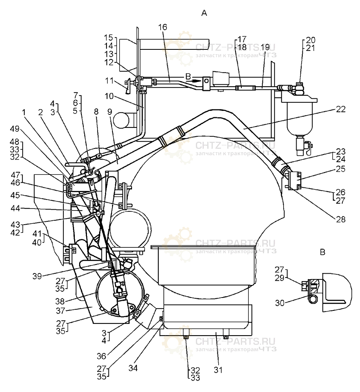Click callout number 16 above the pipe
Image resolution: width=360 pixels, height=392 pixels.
[x=163, y=27]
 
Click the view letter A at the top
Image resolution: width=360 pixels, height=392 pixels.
[x=204, y=13]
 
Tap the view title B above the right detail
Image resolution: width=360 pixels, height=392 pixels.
[x=322, y=252]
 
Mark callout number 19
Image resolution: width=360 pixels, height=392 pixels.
[x=265, y=47]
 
